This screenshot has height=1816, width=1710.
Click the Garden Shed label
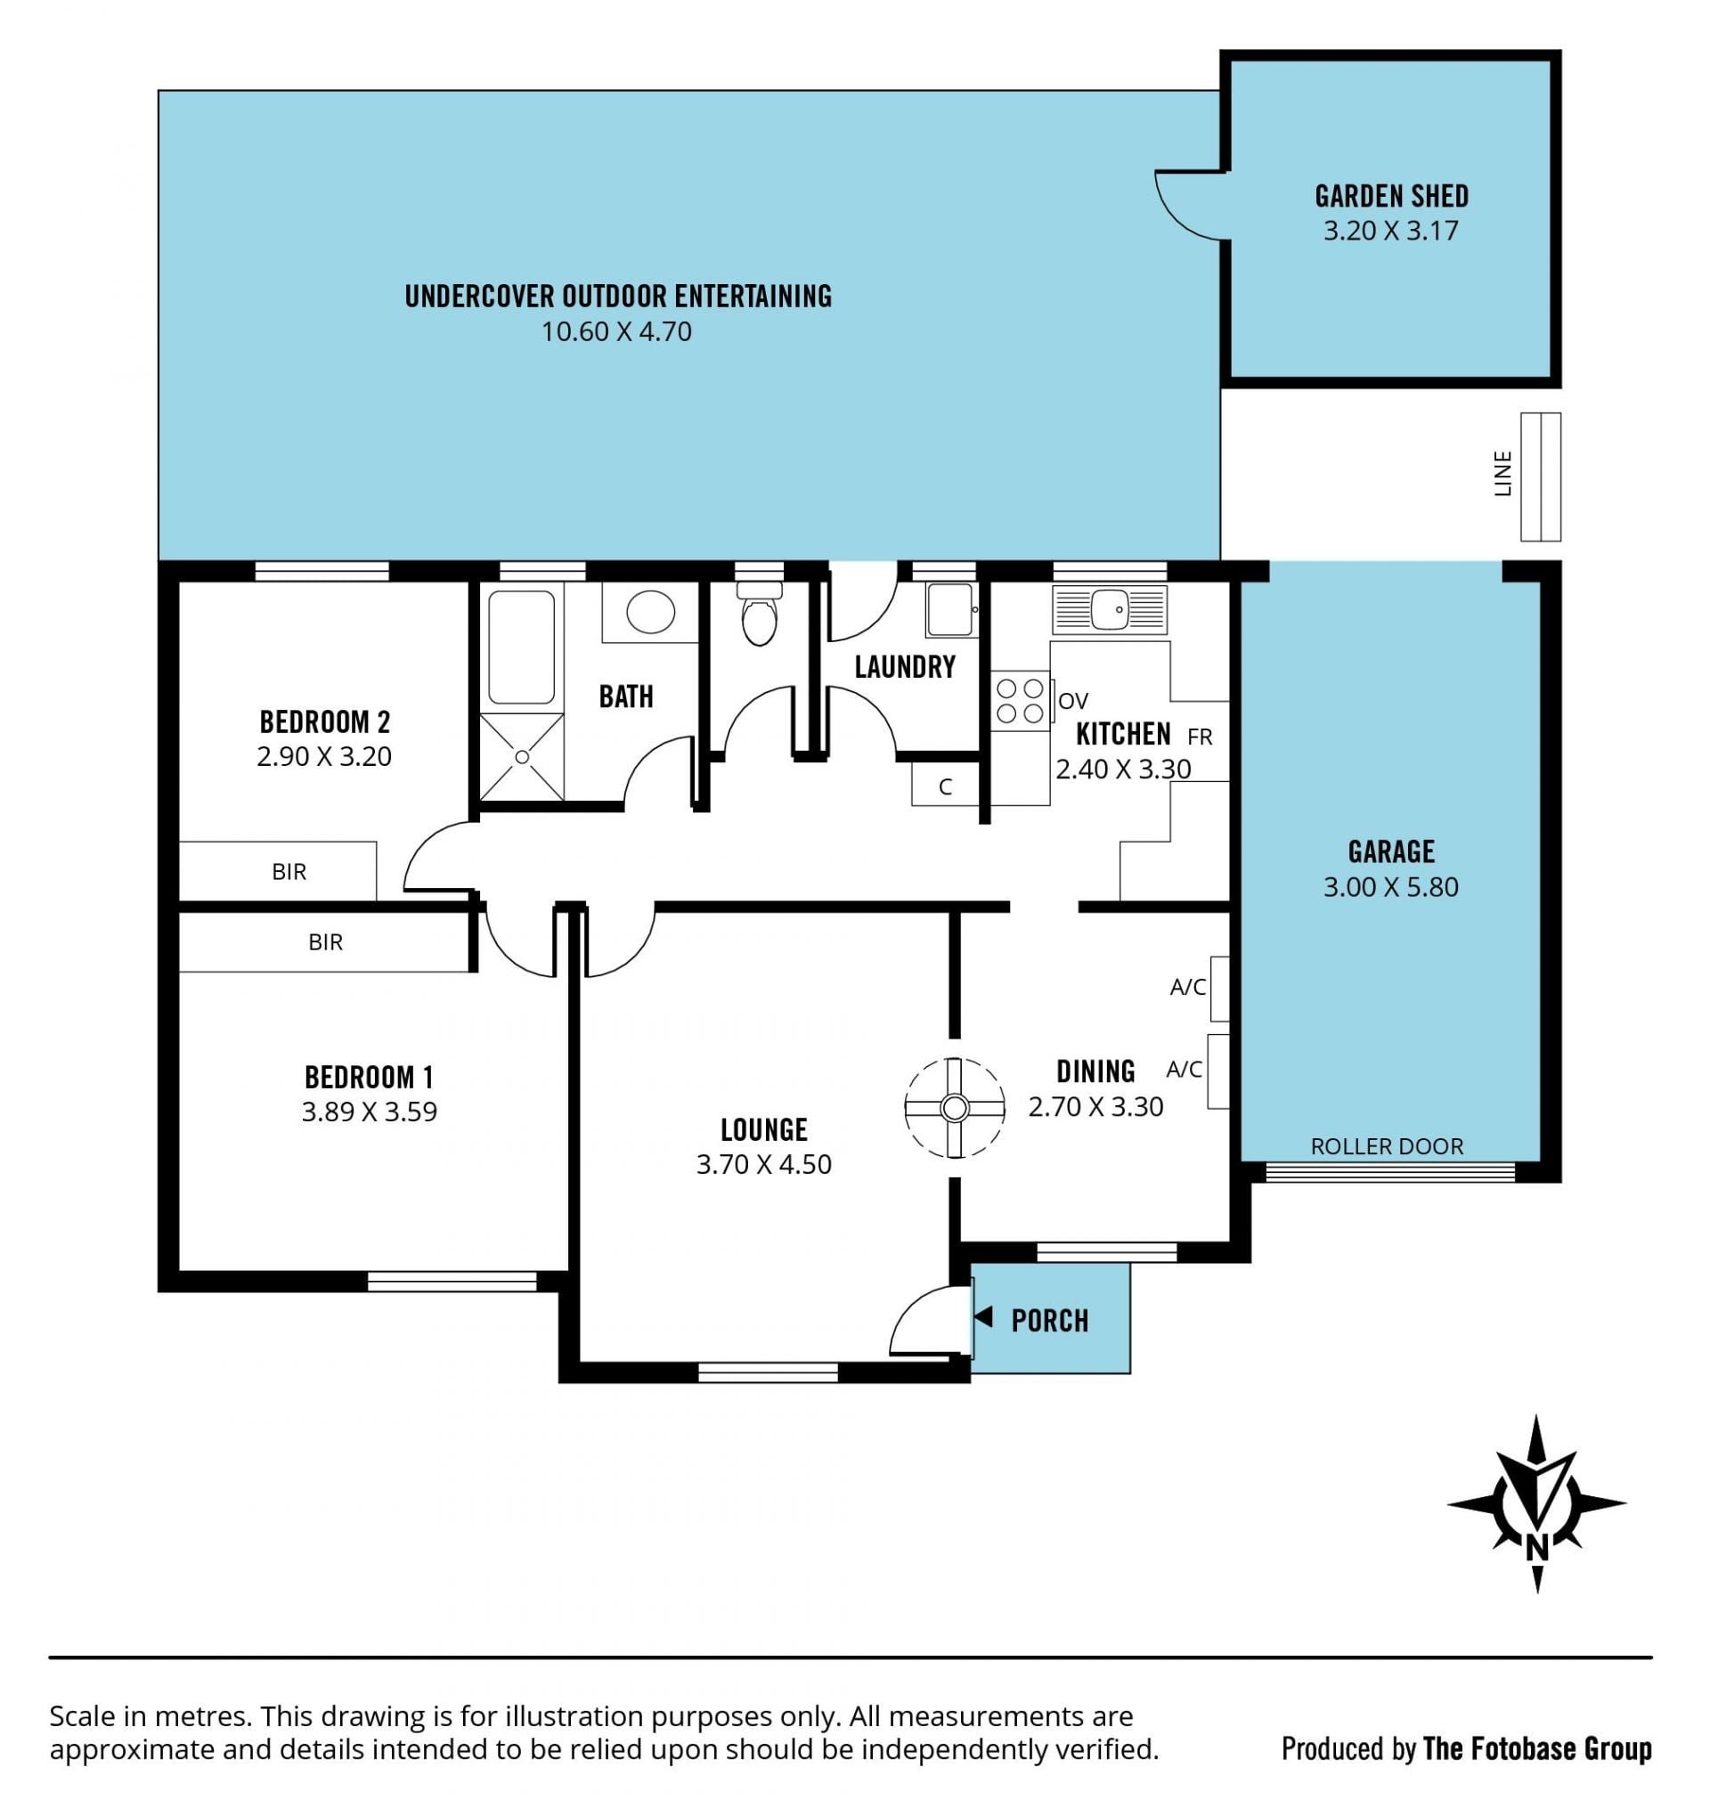(x=1391, y=197)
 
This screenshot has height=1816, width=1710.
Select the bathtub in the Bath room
(x=521, y=647)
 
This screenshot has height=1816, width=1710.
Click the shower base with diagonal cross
(x=522, y=757)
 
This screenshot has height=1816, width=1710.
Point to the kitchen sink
(x=1109, y=610)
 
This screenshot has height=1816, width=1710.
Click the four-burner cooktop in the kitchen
(x=1021, y=701)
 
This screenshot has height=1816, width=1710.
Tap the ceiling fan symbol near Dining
(x=955, y=1108)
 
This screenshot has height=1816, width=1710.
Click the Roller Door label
(x=1387, y=1146)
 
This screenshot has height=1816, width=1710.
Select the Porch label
(x=1049, y=1321)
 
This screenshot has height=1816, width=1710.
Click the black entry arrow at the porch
(x=983, y=1317)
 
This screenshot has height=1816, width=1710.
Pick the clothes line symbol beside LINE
(x=1540, y=476)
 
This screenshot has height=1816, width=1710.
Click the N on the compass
(x=1536, y=1547)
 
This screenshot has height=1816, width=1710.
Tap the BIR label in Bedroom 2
(x=289, y=872)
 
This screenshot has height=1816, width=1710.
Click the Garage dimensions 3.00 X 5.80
(x=1390, y=887)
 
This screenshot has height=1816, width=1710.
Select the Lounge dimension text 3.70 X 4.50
(x=763, y=1165)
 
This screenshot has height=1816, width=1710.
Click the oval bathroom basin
(x=650, y=611)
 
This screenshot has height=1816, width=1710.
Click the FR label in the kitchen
(x=1200, y=737)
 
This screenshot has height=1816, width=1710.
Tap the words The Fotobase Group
(x=1537, y=1748)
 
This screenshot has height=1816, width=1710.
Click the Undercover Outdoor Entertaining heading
(x=618, y=296)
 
